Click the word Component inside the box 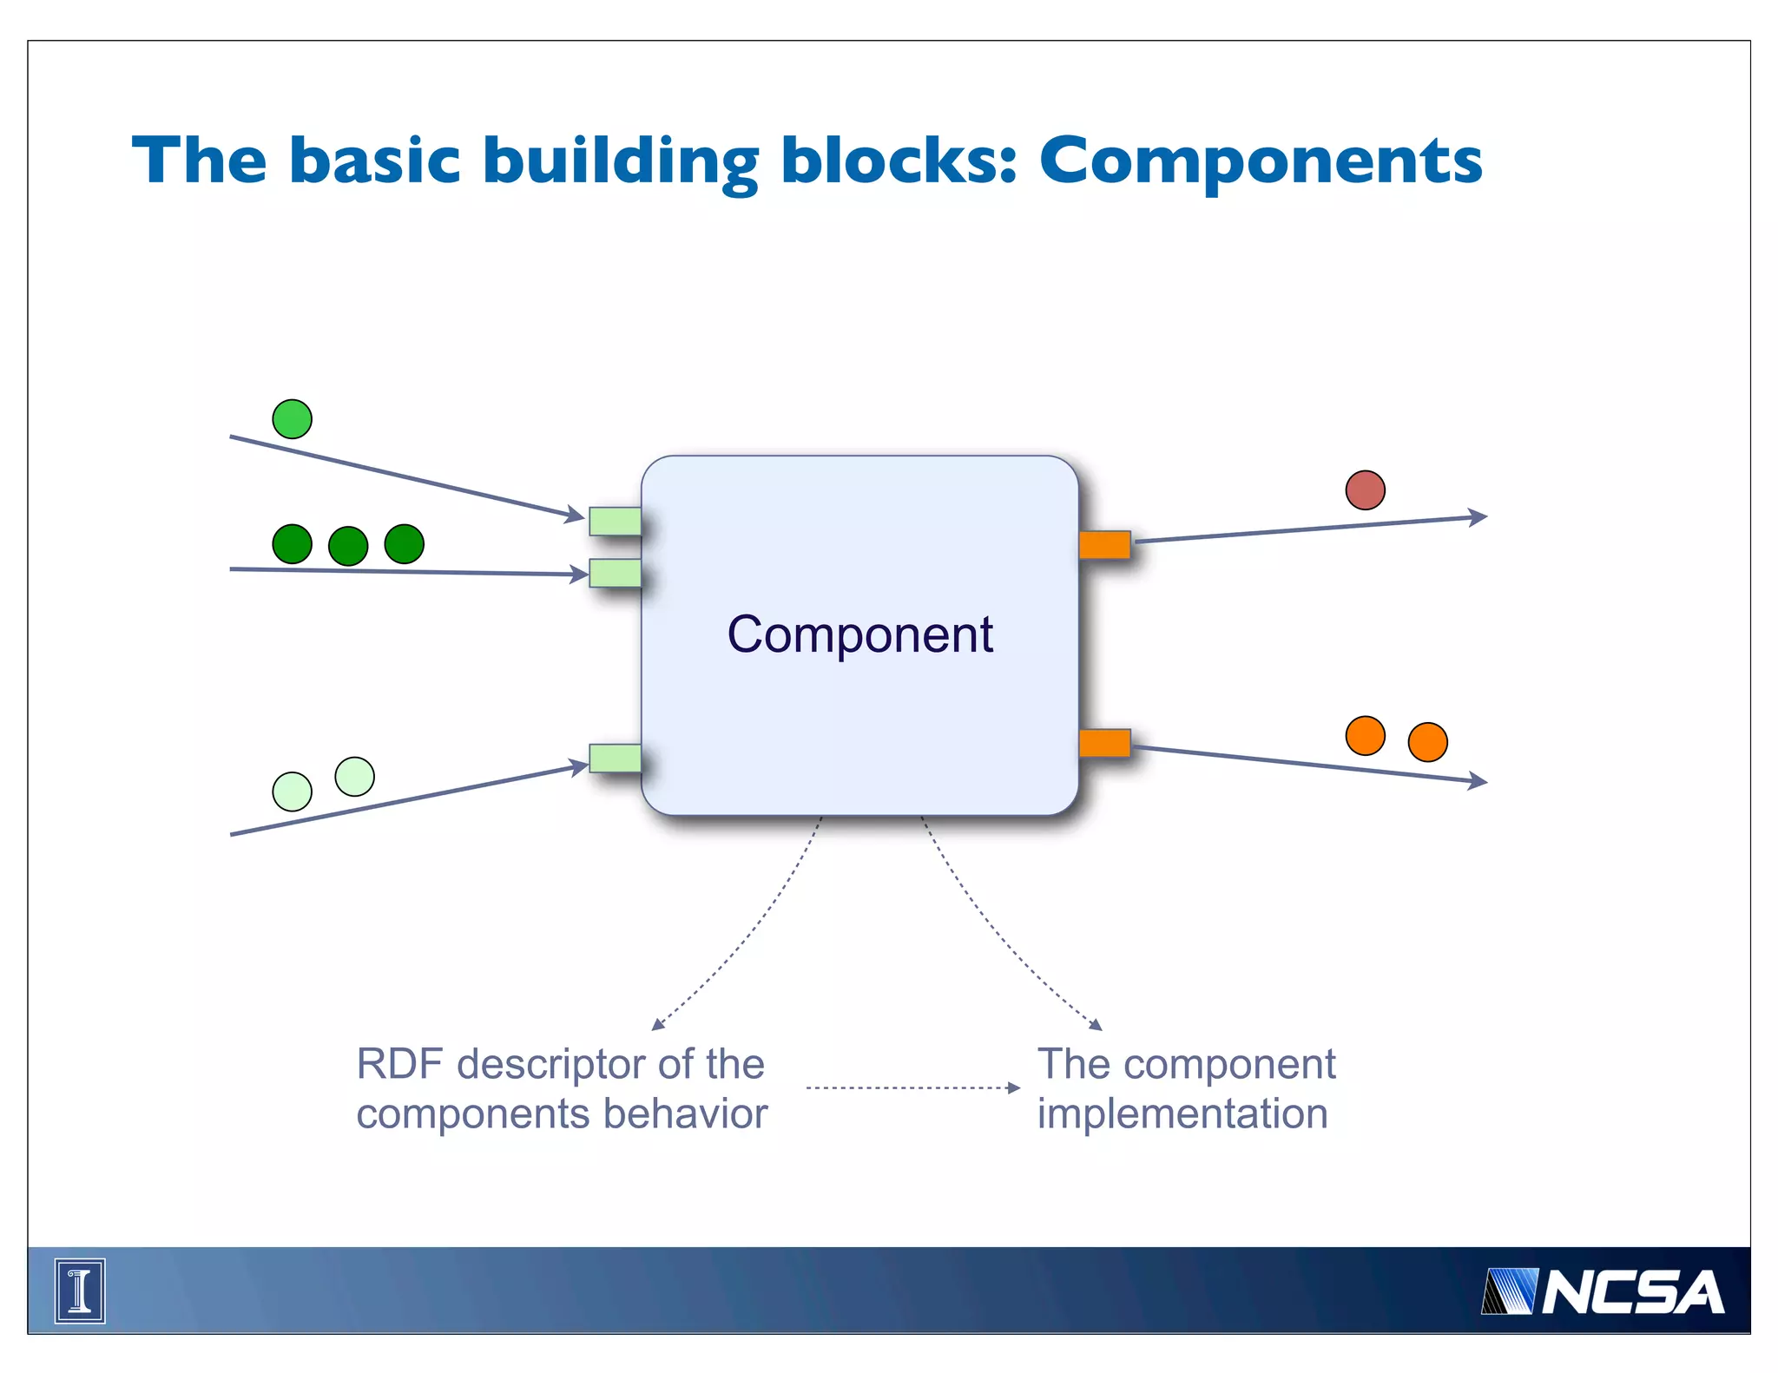click(x=859, y=634)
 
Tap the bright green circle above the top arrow click(x=292, y=419)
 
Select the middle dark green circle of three click(x=348, y=546)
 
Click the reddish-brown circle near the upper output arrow click(x=1365, y=490)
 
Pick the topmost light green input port click(x=615, y=521)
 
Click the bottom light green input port click(x=615, y=758)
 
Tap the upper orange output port click(x=1104, y=545)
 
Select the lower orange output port click(x=1104, y=743)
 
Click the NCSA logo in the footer click(x=1603, y=1292)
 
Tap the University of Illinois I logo click(x=80, y=1291)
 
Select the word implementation click(x=1182, y=1114)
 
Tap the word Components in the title click(x=1261, y=162)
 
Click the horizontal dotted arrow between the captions click(x=912, y=1087)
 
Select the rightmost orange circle click(x=1427, y=742)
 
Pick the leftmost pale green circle click(x=292, y=792)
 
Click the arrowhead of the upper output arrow click(x=1478, y=517)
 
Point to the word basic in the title click(x=374, y=161)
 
